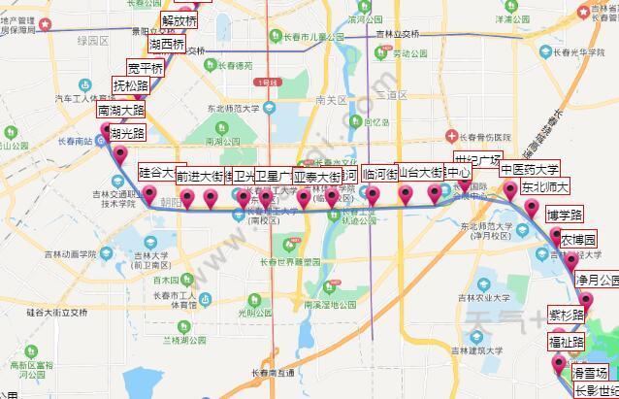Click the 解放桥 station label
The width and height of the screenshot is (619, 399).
[x=179, y=20]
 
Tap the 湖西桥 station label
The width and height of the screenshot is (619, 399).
[x=167, y=45]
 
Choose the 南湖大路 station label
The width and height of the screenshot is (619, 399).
[x=120, y=111]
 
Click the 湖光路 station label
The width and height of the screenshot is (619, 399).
[x=127, y=133]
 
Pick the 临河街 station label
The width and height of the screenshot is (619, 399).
[x=379, y=175]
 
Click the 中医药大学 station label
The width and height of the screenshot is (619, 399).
[x=529, y=169]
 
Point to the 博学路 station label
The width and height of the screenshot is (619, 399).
[x=565, y=215]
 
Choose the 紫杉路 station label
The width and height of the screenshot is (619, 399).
[x=567, y=316]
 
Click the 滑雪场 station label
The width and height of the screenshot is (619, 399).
[x=589, y=373]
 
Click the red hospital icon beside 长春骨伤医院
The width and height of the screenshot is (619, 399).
[x=451, y=136]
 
